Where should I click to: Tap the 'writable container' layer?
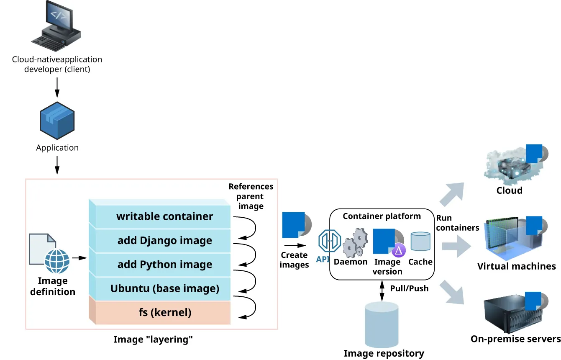(x=164, y=216)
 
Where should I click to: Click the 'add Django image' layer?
(x=164, y=241)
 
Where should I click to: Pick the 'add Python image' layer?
(x=164, y=265)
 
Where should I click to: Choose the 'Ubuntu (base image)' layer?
(x=164, y=288)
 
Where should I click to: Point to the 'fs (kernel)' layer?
(x=164, y=312)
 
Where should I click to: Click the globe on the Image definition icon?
(x=56, y=261)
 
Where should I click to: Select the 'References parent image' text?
(x=251, y=196)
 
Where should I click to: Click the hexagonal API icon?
(x=328, y=241)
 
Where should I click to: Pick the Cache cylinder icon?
(x=420, y=242)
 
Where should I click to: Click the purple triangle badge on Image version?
(x=399, y=250)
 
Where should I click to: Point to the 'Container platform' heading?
(x=382, y=216)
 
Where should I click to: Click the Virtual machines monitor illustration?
(x=508, y=239)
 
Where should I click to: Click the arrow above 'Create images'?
(x=294, y=246)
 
